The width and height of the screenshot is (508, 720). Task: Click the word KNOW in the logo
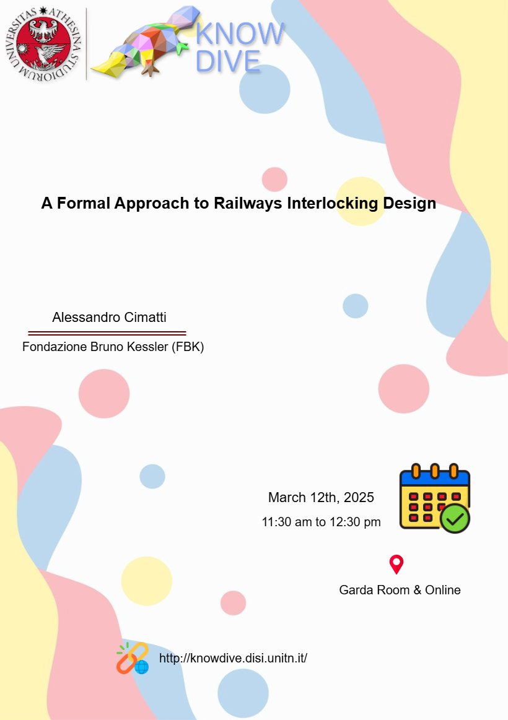[240, 33]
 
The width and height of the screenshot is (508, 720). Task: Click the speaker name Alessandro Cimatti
[110, 318]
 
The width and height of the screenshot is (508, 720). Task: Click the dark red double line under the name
[107, 333]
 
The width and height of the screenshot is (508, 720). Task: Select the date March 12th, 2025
[321, 497]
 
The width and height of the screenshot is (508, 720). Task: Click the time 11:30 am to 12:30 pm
[321, 522]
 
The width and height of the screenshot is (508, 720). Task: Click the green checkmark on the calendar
[455, 518]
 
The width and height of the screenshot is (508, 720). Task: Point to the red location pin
[396, 564]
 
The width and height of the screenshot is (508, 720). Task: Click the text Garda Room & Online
[400, 590]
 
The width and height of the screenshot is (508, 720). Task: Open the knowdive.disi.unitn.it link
[233, 658]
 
